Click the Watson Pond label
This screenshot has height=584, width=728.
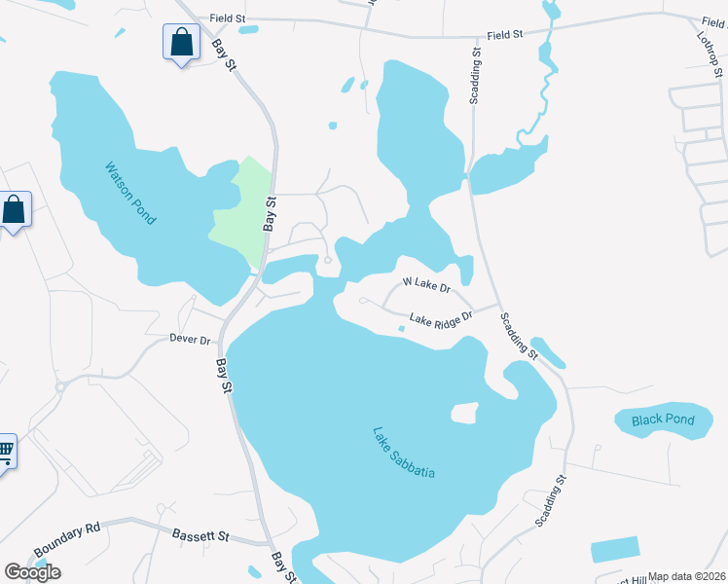[x=130, y=193]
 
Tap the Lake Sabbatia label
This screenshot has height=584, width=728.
[x=404, y=453]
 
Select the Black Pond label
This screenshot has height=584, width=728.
[x=663, y=420]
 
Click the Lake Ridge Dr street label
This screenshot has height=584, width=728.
[x=440, y=317]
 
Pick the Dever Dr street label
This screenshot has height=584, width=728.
[x=190, y=340]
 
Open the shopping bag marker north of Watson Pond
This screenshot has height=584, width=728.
[x=181, y=43]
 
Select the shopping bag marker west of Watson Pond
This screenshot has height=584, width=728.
[x=14, y=210]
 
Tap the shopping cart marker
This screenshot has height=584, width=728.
[x=5, y=451]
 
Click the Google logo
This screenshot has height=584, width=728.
[x=32, y=572]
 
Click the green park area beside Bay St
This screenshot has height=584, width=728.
[x=243, y=209]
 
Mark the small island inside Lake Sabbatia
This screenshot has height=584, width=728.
[x=466, y=414]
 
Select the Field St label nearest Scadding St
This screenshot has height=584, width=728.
[x=505, y=35]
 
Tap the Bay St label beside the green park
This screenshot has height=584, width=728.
[x=271, y=212]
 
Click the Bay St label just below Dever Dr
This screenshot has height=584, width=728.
[x=224, y=375]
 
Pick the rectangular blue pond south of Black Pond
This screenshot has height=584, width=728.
[x=615, y=549]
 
